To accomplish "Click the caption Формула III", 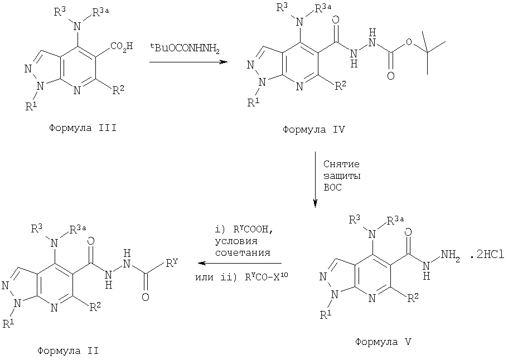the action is point(83,128).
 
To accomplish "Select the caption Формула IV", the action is point(313,130).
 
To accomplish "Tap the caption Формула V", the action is point(383,342).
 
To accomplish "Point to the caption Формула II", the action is point(68,351).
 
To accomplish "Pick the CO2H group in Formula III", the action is point(122,46).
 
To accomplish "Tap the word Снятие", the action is point(341,164).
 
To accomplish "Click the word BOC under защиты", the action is point(332,187).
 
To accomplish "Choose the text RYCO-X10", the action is point(267,276).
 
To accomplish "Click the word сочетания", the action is point(243,252).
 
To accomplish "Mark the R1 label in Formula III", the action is point(31,106).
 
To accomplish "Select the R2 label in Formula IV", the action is point(340,85).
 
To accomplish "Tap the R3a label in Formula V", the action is point(395,221).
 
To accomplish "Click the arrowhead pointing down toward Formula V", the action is point(315,203).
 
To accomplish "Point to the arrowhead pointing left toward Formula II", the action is point(202,263).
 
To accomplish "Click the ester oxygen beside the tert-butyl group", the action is point(409,42).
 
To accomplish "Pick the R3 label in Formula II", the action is point(36,229).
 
